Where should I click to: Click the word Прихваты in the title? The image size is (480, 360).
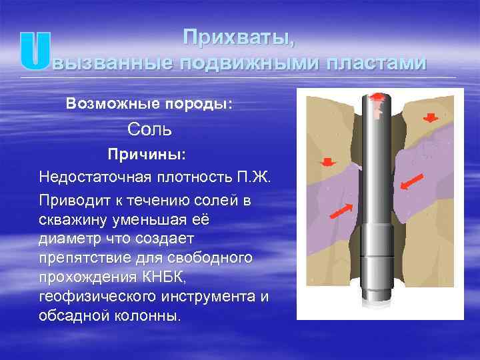click(238, 38)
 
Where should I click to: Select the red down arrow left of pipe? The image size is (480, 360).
click(328, 162)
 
